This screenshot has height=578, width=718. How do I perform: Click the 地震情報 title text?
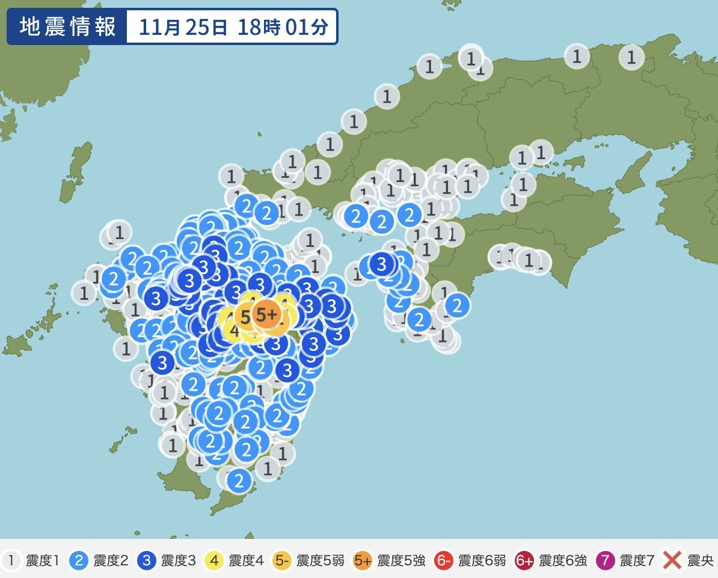(x=67, y=27)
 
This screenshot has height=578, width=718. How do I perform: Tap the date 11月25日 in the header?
(x=183, y=27)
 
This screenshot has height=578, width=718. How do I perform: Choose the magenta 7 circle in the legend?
(x=606, y=561)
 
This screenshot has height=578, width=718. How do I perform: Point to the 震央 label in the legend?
(x=699, y=561)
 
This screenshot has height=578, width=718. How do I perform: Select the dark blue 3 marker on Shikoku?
(x=381, y=264)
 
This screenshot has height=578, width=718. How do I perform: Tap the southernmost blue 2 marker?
(x=239, y=480)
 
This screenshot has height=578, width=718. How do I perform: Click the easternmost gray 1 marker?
(x=631, y=57)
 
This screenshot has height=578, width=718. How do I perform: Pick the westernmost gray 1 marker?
(x=84, y=293)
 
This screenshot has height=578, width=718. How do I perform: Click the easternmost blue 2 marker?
(x=457, y=306)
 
